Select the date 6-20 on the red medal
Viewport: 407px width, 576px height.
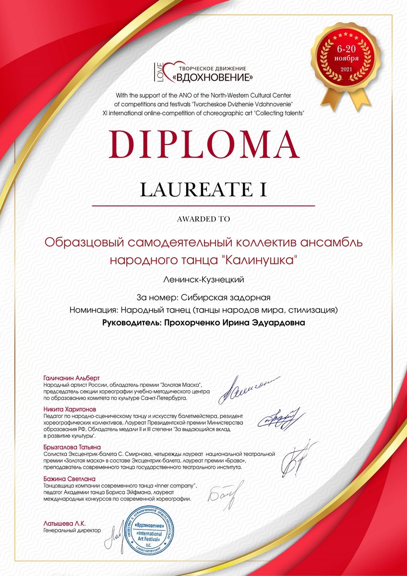click(347, 49)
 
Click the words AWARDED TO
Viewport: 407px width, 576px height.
click(203, 219)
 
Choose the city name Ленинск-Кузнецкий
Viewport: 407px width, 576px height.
click(203, 279)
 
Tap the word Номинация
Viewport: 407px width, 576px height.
click(94, 311)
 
